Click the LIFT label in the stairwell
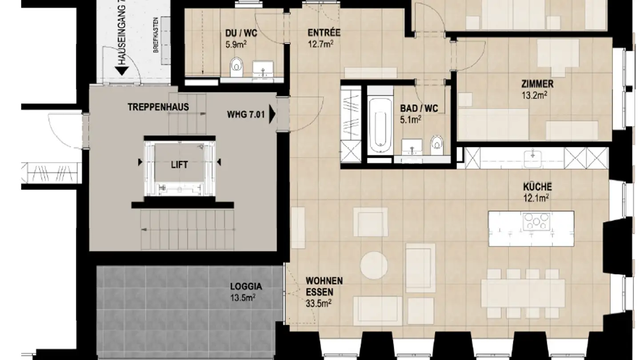(x=179, y=165)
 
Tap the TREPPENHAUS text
(x=158, y=107)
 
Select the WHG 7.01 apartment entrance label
(x=245, y=115)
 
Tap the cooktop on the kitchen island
(x=536, y=221)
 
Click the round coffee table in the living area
(x=374, y=265)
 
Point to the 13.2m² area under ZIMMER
(x=534, y=95)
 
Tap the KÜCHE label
(x=537, y=187)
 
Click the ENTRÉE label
(x=324, y=33)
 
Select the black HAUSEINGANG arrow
(x=121, y=70)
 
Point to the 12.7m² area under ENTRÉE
(x=320, y=44)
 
